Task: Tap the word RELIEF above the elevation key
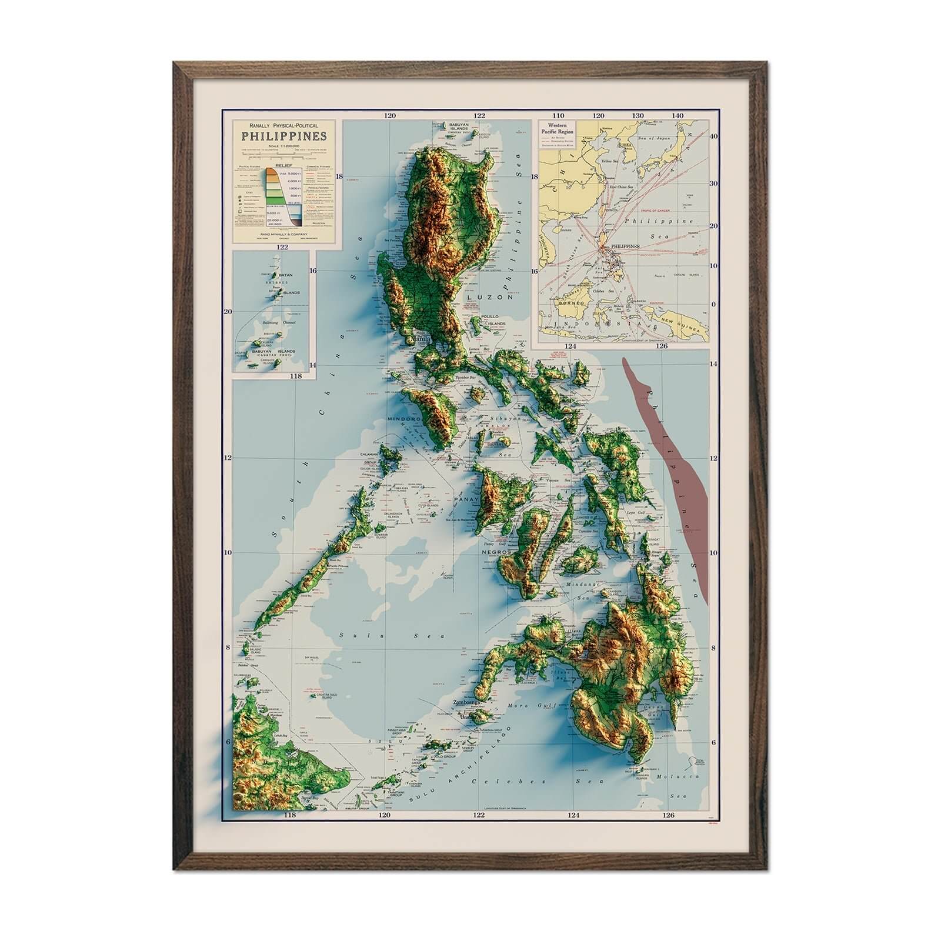click(x=283, y=166)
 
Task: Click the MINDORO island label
click(x=403, y=419)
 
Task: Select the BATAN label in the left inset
click(x=286, y=274)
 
